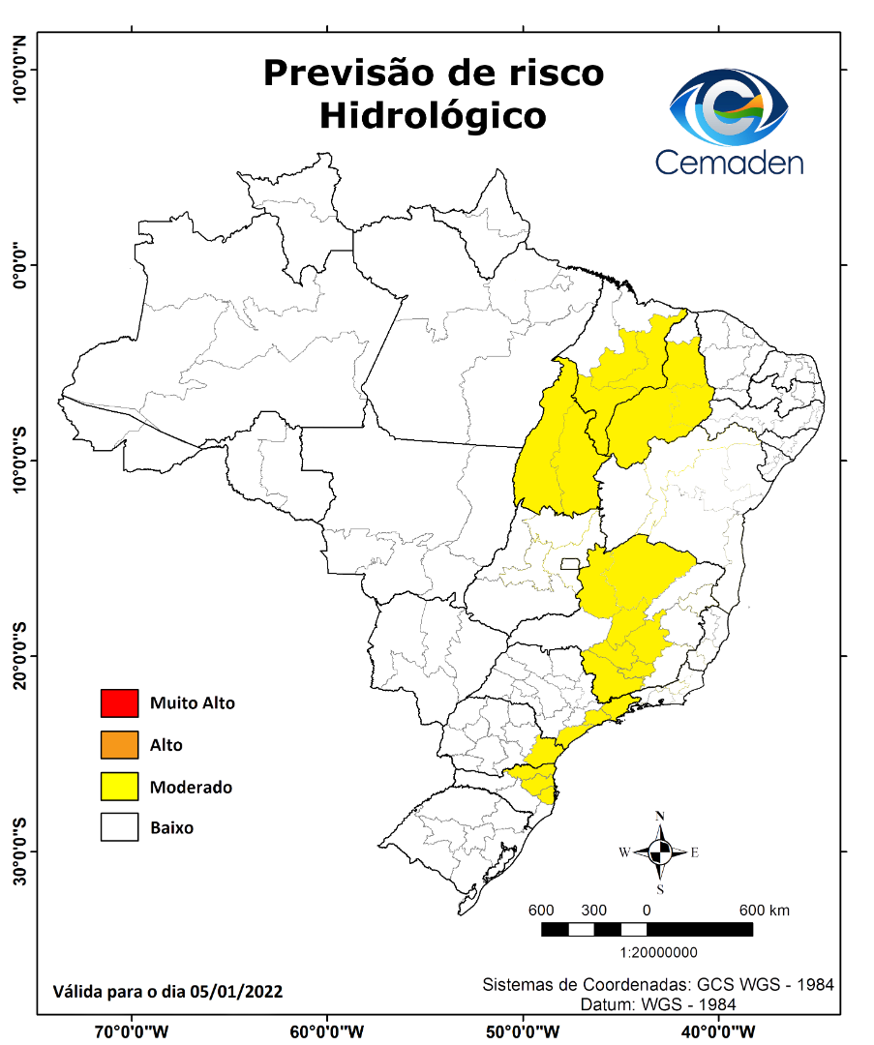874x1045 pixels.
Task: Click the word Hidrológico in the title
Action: pos(433,115)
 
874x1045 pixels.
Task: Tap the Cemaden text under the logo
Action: pos(729,161)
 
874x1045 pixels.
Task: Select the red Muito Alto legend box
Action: pos(120,702)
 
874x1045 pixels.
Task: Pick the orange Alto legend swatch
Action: pos(120,745)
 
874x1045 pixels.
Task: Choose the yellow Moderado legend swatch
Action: pos(120,787)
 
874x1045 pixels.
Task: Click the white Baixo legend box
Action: pos(120,828)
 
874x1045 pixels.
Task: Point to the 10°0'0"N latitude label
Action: pos(19,69)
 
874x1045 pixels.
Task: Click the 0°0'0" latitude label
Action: pos(19,264)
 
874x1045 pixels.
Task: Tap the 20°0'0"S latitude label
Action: pos(19,655)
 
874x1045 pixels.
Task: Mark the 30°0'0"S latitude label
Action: pos(19,851)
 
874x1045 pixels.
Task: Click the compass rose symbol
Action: pos(660,852)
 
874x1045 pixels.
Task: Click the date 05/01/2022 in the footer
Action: pos(236,991)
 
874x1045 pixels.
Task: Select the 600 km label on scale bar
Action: pos(765,911)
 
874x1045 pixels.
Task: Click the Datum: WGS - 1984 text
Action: pos(658,1004)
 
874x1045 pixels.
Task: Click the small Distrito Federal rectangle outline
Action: pos(570,563)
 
